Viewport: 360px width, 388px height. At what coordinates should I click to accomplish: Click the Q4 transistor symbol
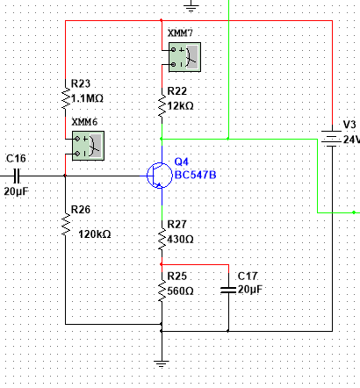pos(160,176)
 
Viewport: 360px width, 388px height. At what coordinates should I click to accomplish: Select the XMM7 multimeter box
pos(184,57)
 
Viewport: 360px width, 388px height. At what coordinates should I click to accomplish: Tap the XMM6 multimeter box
pos(88,146)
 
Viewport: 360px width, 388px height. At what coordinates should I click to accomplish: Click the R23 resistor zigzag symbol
pos(66,98)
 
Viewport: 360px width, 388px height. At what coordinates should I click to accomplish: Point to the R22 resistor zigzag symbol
pos(162,106)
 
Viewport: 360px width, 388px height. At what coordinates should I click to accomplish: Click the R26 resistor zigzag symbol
pos(66,225)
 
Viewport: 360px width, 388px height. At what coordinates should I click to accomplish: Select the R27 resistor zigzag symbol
pos(162,240)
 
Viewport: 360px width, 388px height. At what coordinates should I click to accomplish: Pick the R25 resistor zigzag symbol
pos(162,291)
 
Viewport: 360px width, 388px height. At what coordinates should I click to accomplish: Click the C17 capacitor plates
pos(228,290)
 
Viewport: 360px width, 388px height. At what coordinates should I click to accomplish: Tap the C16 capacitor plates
pos(17,176)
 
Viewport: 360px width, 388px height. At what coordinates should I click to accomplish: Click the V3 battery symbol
pos(332,138)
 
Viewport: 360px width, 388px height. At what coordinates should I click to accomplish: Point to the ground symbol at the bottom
pos(162,363)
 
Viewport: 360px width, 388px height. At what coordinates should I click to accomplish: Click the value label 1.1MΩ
pos(87,98)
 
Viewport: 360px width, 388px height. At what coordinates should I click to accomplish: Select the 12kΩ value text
pos(180,106)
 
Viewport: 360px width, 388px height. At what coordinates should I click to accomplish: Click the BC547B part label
pos(196,175)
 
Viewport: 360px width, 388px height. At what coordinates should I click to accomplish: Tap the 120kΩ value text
pos(95,234)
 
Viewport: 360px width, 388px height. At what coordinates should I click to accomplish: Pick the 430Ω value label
pos(180,240)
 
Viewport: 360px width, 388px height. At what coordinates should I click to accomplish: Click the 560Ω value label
pos(180,291)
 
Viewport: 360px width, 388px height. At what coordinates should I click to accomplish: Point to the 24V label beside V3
pos(351,140)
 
